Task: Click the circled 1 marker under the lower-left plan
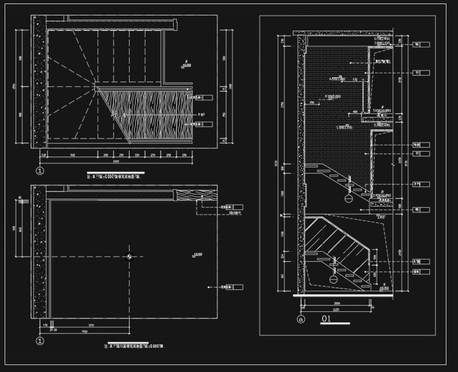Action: click(39, 341)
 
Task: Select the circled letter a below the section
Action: click(300, 319)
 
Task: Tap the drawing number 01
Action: click(326, 318)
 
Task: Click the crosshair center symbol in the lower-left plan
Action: click(129, 256)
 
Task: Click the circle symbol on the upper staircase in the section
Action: click(348, 198)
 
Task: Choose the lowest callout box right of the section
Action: click(423, 271)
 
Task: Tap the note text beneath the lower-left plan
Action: click(134, 345)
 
